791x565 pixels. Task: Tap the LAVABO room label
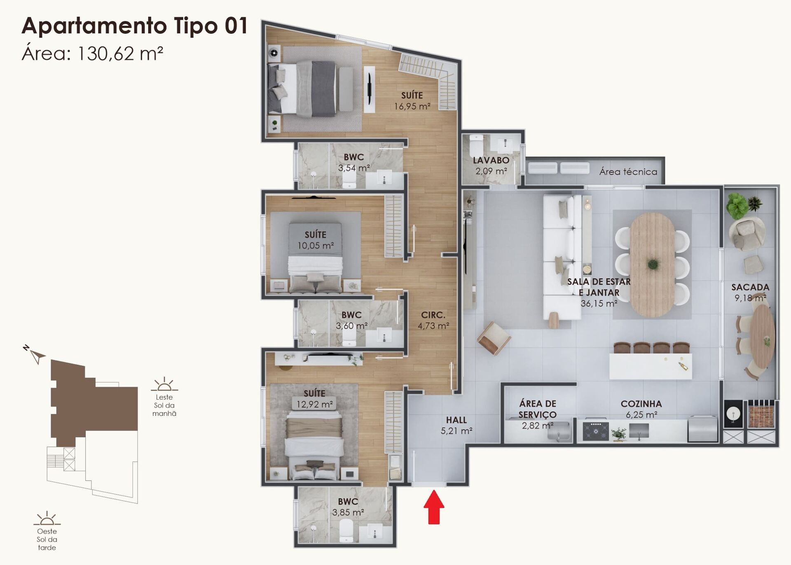point(491,160)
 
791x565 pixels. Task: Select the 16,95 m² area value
point(412,106)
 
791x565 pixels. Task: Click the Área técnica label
point(628,172)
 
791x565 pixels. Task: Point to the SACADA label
point(750,287)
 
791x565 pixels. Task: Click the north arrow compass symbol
point(36,355)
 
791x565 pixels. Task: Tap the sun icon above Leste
point(164,385)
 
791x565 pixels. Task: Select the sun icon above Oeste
point(47,518)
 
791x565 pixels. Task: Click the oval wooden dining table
point(653,264)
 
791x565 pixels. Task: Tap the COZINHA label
point(641,404)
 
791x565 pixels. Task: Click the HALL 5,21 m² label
point(456,425)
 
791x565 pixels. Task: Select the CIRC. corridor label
point(433,315)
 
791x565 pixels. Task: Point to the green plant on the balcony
point(737,205)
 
